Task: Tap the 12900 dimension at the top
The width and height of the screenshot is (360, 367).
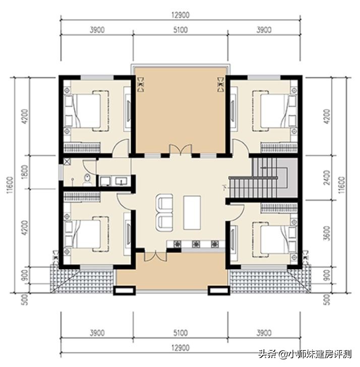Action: (180, 15)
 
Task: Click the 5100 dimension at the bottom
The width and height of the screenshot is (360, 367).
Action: (180, 333)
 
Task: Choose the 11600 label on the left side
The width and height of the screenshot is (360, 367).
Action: (11, 184)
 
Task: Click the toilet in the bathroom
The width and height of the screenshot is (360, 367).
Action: (88, 178)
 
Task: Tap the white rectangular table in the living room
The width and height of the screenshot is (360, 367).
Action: (192, 212)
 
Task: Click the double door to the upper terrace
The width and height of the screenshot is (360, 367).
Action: (180, 150)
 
